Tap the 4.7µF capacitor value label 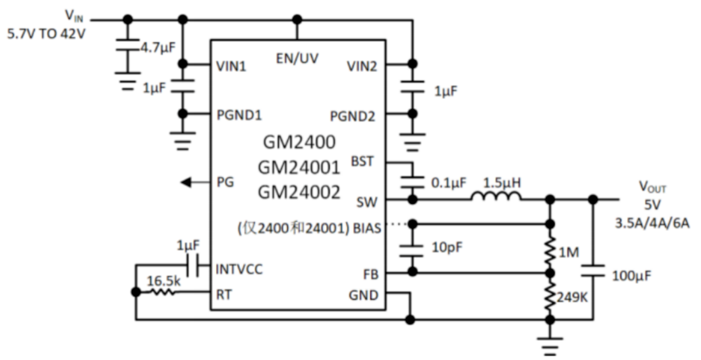(157, 47)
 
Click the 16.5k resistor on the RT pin (162, 293)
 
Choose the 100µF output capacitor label (632, 275)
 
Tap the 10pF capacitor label (446, 248)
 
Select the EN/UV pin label (297, 58)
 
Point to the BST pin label (362, 162)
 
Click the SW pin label (367, 202)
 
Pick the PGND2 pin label (353, 117)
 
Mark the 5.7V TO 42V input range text (46, 34)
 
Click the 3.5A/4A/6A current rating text (652, 223)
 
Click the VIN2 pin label (362, 67)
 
